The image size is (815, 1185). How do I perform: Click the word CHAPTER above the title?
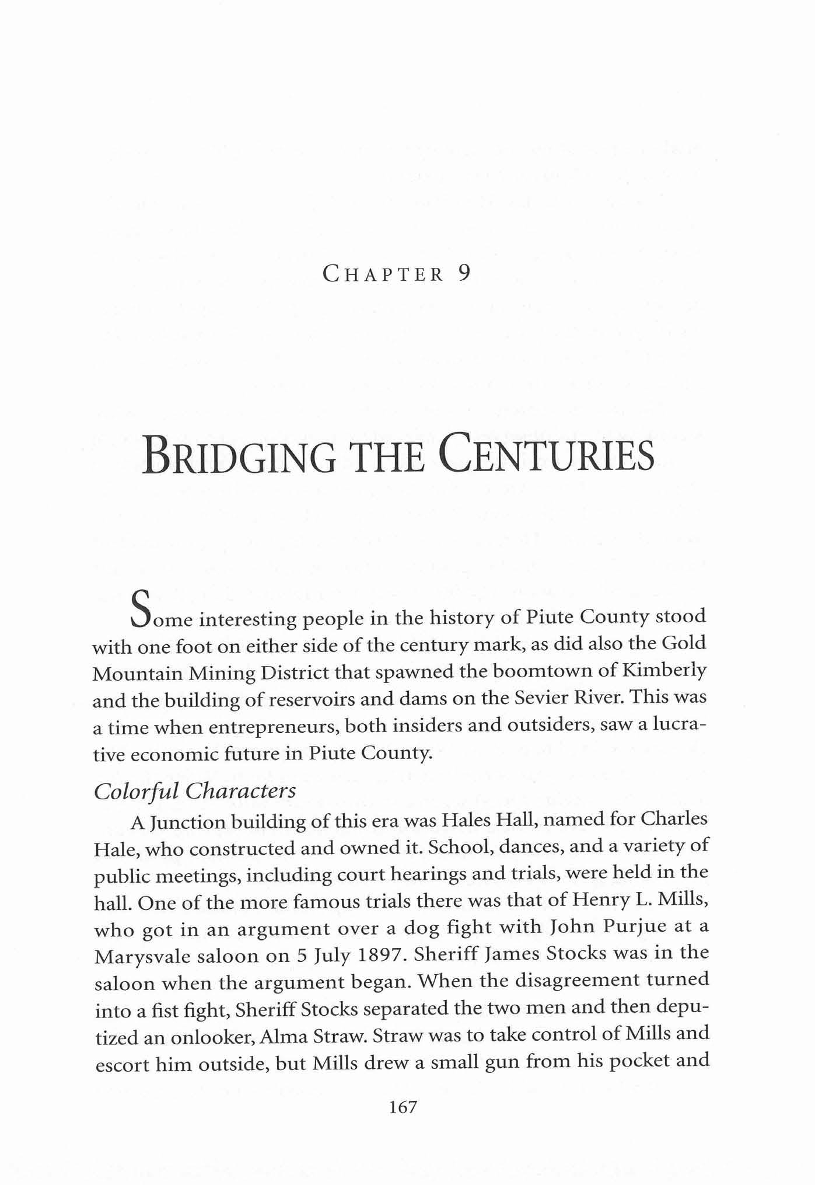click(384, 274)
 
